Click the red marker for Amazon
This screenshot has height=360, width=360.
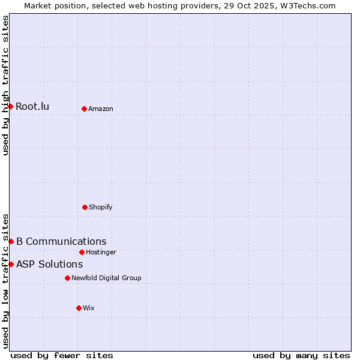point(84,109)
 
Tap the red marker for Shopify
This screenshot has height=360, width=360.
point(85,207)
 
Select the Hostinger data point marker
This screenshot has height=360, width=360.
point(82,252)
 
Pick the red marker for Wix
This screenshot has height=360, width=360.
point(79,308)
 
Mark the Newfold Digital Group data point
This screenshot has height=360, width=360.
point(67,278)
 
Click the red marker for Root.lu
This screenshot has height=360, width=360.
point(10,106)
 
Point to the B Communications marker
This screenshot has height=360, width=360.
point(11,241)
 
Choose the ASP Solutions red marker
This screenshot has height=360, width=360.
point(11,264)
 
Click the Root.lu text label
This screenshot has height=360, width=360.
point(32,107)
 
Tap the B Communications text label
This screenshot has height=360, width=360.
point(61,242)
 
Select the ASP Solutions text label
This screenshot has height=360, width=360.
point(49,265)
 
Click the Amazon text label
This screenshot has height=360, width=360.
point(101,109)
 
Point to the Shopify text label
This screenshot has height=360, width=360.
point(101,208)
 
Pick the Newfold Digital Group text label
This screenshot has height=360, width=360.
point(106,278)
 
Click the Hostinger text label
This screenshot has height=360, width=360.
point(101,253)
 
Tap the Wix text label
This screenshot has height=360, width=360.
point(89,308)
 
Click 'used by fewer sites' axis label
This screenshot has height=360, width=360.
point(62,355)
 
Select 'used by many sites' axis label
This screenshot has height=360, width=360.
point(301,355)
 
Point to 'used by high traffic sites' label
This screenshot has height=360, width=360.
point(5,85)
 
